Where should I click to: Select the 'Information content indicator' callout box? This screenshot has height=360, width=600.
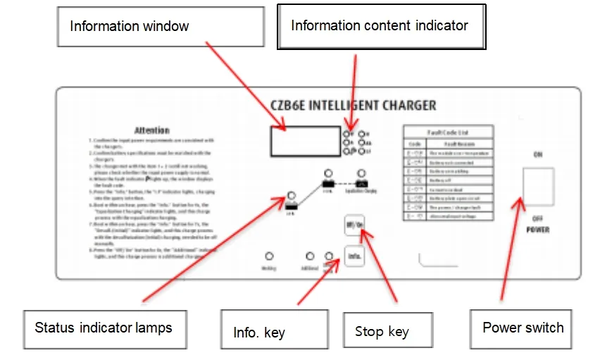[x=380, y=26]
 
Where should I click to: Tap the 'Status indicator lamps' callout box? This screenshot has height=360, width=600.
[x=103, y=328]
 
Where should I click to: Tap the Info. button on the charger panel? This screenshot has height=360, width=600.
[x=354, y=256]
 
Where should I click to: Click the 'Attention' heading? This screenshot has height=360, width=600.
[x=152, y=130]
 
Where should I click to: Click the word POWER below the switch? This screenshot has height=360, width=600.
[x=537, y=230]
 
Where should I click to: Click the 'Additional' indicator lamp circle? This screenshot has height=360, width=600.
[x=311, y=257]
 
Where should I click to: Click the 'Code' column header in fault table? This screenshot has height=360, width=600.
[x=415, y=142]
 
